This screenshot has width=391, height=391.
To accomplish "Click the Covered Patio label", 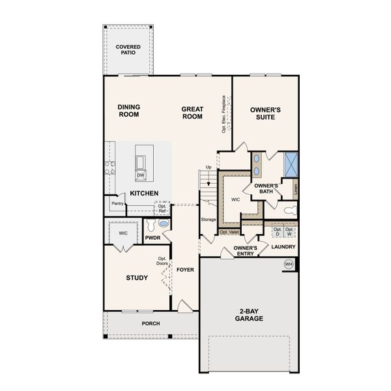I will [x=128, y=51].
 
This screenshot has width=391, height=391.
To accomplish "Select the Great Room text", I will [x=192, y=113].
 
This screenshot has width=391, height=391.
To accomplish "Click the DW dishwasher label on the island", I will [x=141, y=175].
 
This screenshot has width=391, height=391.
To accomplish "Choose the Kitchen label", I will [x=145, y=194].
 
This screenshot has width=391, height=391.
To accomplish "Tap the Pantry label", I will [x=117, y=203].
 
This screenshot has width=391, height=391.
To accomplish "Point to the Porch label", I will [x=151, y=323].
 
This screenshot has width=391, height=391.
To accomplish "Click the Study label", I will [x=136, y=278].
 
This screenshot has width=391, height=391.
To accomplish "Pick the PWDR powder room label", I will [x=153, y=239].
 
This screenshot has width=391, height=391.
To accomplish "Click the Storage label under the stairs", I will [x=209, y=220].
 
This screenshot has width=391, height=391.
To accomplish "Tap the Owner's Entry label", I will [x=245, y=252].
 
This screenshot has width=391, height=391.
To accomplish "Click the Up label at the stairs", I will [x=209, y=168].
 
